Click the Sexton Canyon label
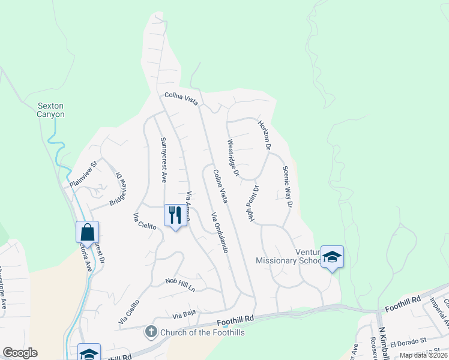[x=50, y=110]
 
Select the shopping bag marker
[x=87, y=232]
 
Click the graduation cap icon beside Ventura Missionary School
[x=332, y=257]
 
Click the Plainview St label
[x=83, y=175]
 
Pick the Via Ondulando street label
[x=219, y=232]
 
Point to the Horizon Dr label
[x=265, y=134]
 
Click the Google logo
[x=20, y=353]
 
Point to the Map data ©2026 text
[x=423, y=355]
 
